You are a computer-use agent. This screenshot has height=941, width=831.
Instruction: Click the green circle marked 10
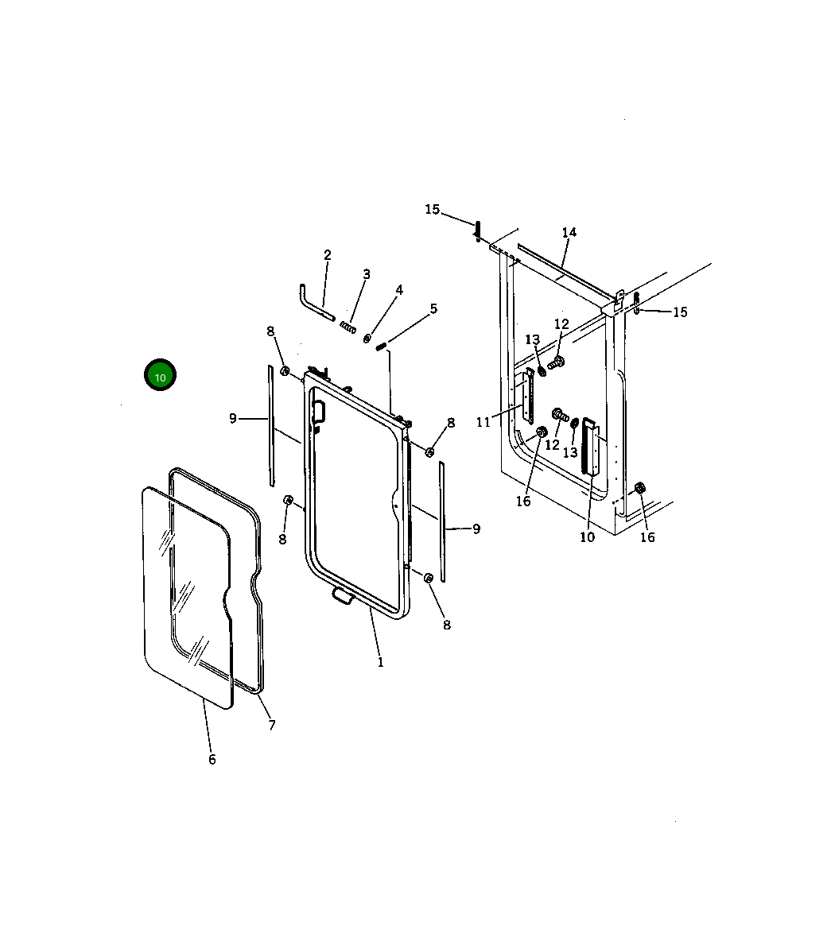160,375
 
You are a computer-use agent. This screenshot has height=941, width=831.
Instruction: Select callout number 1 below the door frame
380,663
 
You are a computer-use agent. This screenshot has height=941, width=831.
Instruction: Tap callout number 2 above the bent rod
328,255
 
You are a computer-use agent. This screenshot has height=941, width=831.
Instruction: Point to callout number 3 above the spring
367,274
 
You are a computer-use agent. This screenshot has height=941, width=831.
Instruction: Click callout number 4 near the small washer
399,290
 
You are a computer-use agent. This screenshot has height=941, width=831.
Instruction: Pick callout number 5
433,309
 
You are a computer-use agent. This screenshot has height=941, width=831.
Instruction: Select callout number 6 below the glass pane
212,760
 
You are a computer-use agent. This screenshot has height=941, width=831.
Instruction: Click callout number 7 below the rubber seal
272,726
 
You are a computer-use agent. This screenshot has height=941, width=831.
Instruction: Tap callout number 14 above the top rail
569,232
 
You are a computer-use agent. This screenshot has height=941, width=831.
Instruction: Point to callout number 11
483,423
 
